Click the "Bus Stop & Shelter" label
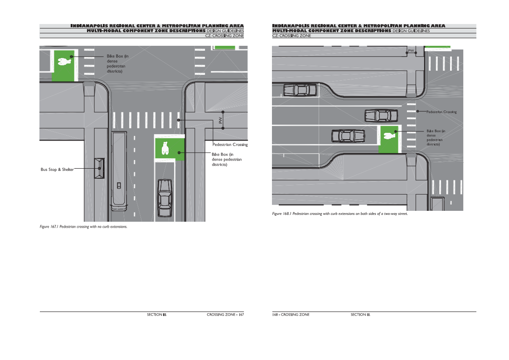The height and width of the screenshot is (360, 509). pyautogui.click(x=57, y=170)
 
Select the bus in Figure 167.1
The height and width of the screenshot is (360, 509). pyautogui.click(x=119, y=171)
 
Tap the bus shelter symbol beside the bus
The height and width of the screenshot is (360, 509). pyautogui.click(x=99, y=168)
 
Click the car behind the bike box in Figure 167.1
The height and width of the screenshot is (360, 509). pyautogui.click(x=165, y=198)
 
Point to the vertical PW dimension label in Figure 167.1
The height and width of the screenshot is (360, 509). pyautogui.click(x=221, y=120)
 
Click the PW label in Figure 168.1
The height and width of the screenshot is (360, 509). pyautogui.click(x=411, y=51)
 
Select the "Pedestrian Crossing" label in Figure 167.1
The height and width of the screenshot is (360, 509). pyautogui.click(x=230, y=145)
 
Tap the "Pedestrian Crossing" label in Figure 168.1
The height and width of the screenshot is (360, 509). pyautogui.click(x=441, y=112)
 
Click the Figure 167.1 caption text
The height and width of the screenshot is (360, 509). pyautogui.click(x=83, y=227)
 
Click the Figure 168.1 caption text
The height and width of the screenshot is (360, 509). pyautogui.click(x=340, y=214)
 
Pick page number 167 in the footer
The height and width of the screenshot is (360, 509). pyautogui.click(x=241, y=315)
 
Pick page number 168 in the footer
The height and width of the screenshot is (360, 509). pyautogui.click(x=275, y=315)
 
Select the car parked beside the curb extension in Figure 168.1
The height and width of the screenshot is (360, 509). pyautogui.click(x=300, y=90)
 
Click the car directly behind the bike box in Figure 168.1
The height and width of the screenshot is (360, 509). pyautogui.click(x=348, y=136)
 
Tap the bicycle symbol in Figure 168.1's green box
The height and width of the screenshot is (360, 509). pyautogui.click(x=389, y=135)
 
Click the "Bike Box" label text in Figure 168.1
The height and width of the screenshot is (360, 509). pyautogui.click(x=436, y=138)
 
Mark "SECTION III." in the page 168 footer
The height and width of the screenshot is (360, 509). pyautogui.click(x=360, y=315)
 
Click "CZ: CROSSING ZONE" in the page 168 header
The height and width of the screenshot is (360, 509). pyautogui.click(x=291, y=36)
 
